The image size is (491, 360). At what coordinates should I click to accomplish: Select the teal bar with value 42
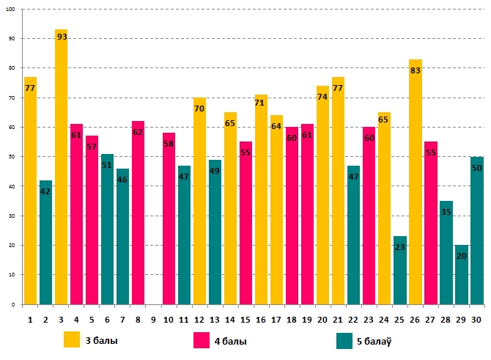(x=45, y=242)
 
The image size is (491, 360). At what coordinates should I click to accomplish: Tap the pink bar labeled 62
(x=138, y=213)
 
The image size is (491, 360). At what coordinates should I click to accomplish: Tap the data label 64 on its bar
(x=276, y=126)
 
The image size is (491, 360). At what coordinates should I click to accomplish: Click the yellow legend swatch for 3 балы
(x=72, y=340)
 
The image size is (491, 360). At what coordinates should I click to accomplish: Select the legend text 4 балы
(x=229, y=341)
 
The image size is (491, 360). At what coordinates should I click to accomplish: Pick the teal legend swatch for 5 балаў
(x=344, y=340)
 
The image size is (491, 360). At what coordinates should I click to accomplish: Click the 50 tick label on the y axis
(x=15, y=157)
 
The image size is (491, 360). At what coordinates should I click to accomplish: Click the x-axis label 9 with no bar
(x=153, y=319)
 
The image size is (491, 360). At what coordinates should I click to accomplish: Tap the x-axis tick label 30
(x=476, y=319)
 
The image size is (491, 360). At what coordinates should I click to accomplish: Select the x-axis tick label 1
(x=30, y=319)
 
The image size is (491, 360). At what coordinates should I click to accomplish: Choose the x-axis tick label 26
(x=416, y=319)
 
